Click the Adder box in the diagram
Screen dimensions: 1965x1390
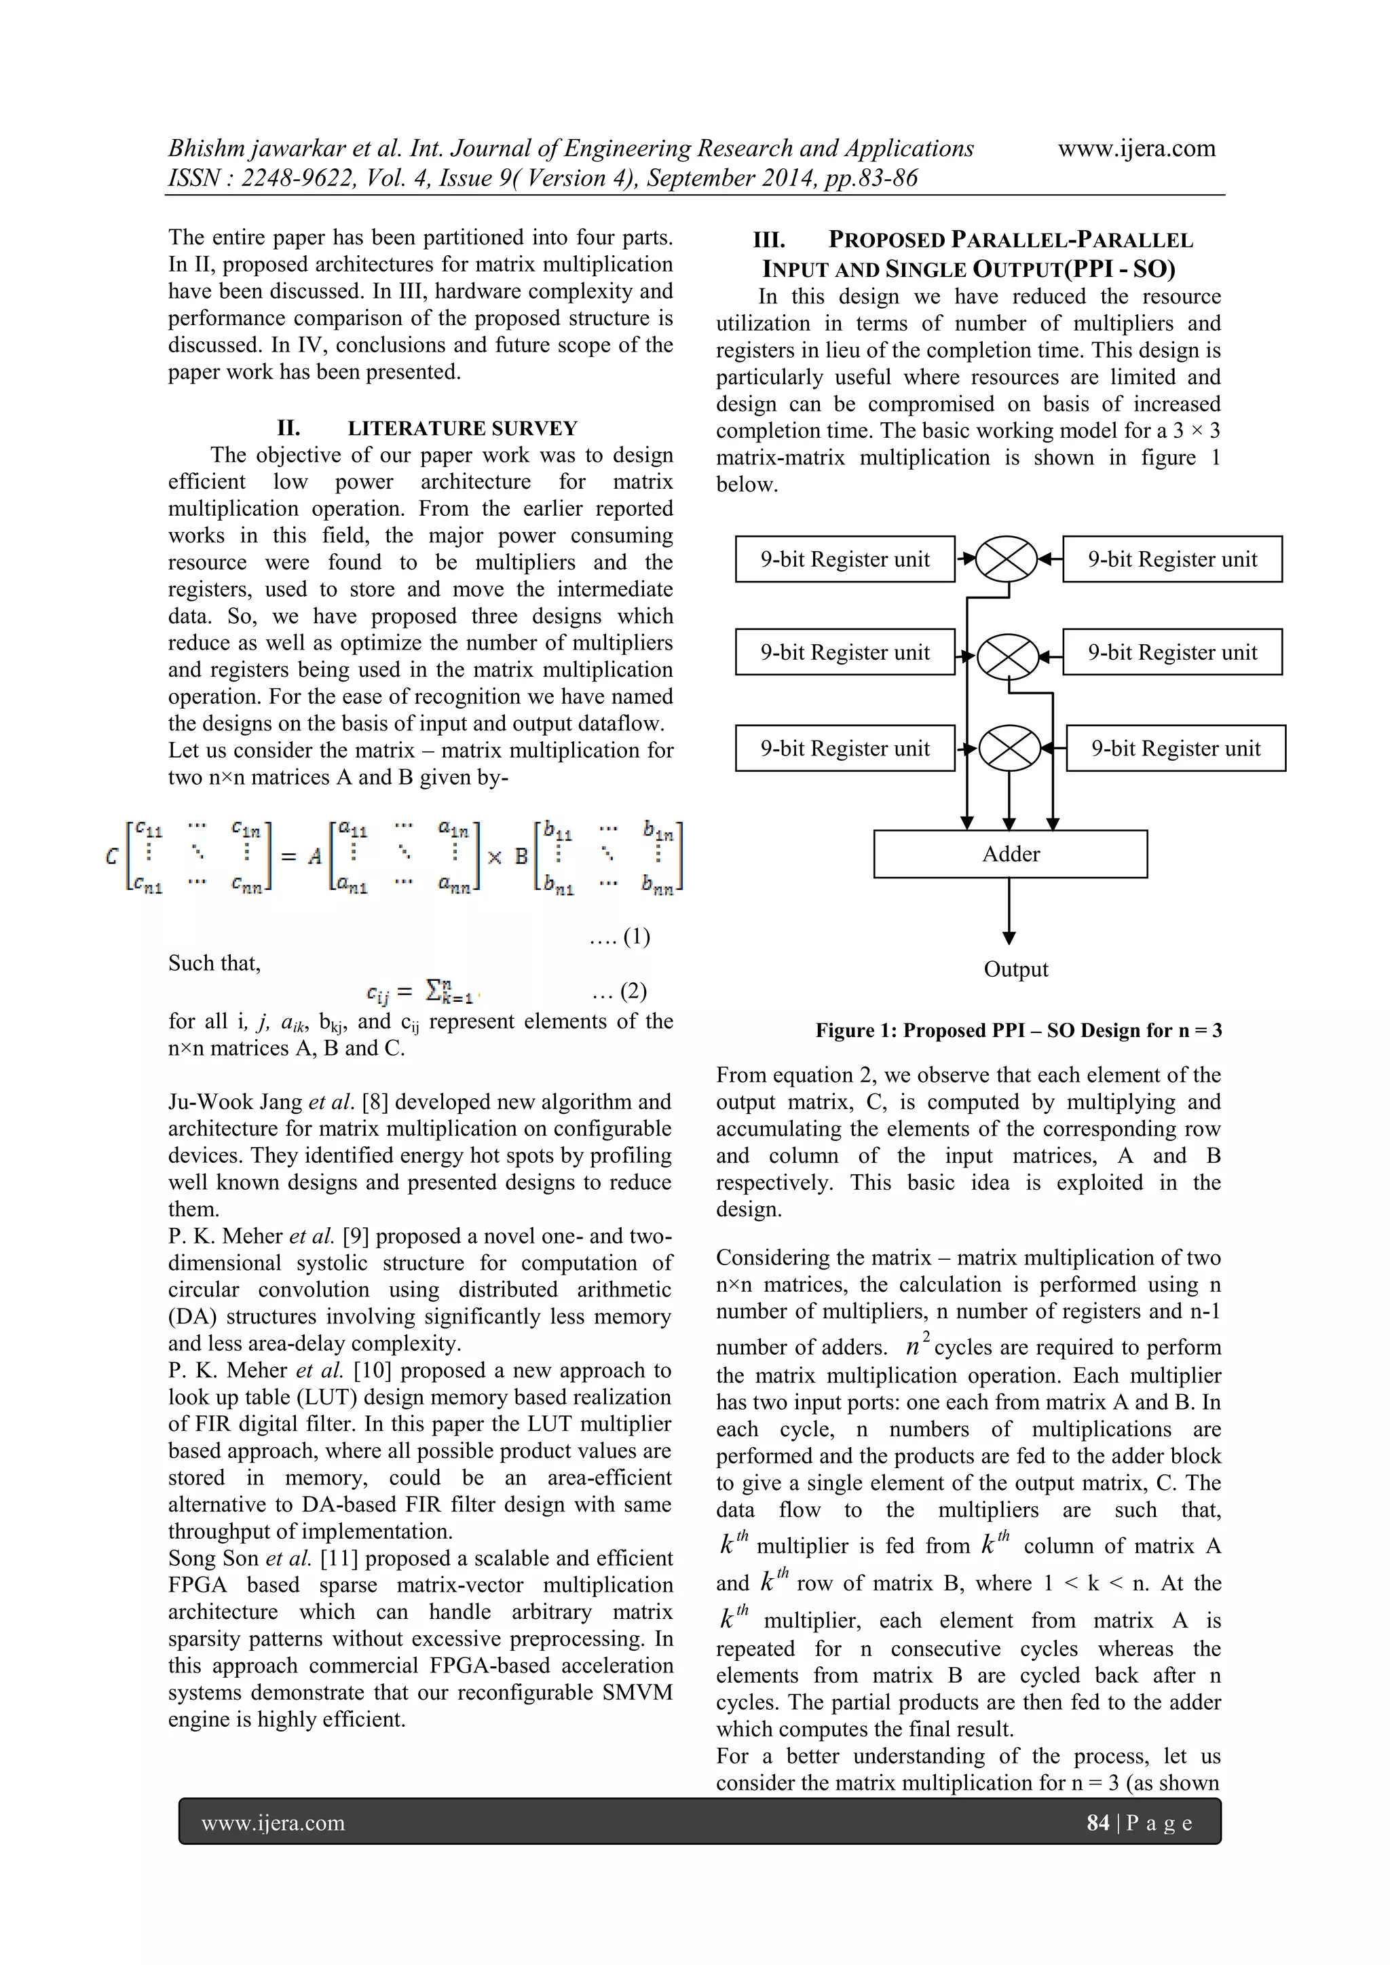pos(1010,854)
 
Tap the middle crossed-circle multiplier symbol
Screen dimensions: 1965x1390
pos(1007,656)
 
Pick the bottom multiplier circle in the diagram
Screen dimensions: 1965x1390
pos(1009,748)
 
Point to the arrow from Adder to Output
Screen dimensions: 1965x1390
pos(1009,912)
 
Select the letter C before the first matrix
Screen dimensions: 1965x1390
pos(112,856)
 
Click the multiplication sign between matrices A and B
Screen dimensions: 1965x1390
pos(494,857)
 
